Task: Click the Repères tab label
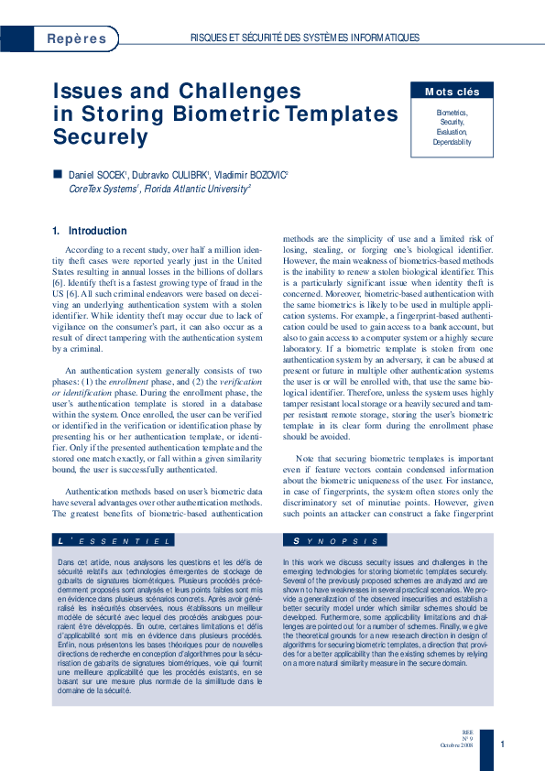pyautogui.click(x=76, y=38)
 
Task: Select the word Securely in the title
pyautogui.click(x=100, y=137)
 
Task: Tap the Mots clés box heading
pyautogui.click(x=452, y=92)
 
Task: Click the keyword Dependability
pyautogui.click(x=452, y=143)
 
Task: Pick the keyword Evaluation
pyautogui.click(x=452, y=132)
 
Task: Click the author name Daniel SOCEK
pyautogui.click(x=100, y=174)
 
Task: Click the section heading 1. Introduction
pyautogui.click(x=90, y=231)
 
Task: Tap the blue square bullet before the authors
pyautogui.click(x=59, y=173)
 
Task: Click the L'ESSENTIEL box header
pyautogui.click(x=114, y=542)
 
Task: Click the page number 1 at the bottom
pyautogui.click(x=502, y=744)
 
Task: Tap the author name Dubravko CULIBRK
pyautogui.click(x=174, y=174)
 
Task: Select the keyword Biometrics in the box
pyautogui.click(x=452, y=112)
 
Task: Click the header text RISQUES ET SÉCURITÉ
pyautogui.click(x=240, y=38)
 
